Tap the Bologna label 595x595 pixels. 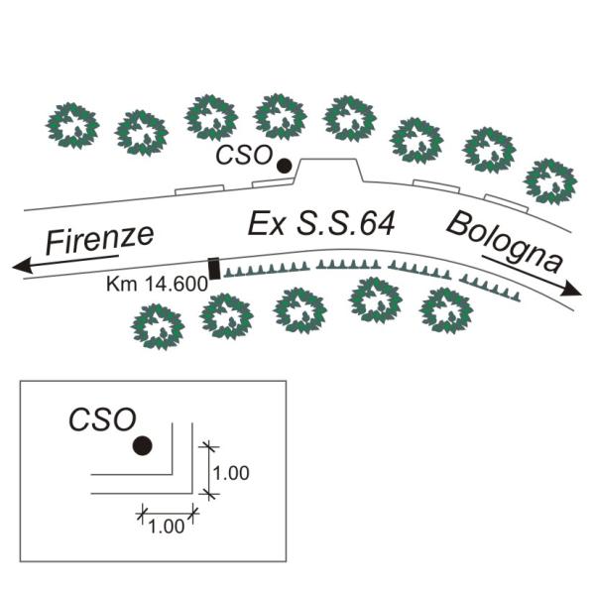click(x=504, y=241)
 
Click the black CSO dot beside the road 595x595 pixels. click(x=285, y=167)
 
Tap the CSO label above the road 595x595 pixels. click(x=243, y=157)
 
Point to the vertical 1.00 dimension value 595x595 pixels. click(x=231, y=473)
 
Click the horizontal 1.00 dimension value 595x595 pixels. click(x=166, y=527)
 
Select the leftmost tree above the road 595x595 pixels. click(x=73, y=123)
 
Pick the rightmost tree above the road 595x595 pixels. click(x=549, y=179)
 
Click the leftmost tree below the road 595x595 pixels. click(x=158, y=326)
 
